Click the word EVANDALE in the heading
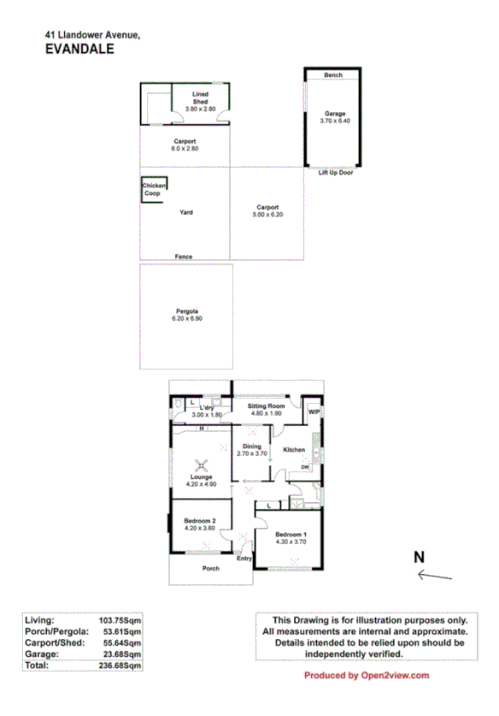(79, 50)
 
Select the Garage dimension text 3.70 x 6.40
(333, 121)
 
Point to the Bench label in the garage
(333, 75)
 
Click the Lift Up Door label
(336, 173)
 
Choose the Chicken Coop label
(154, 189)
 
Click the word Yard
(185, 212)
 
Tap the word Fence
(183, 257)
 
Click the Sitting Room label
(266, 406)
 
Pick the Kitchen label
(294, 450)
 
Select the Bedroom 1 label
(291, 535)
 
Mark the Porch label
(210, 568)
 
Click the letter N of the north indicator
(420, 557)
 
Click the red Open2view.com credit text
(367, 676)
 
